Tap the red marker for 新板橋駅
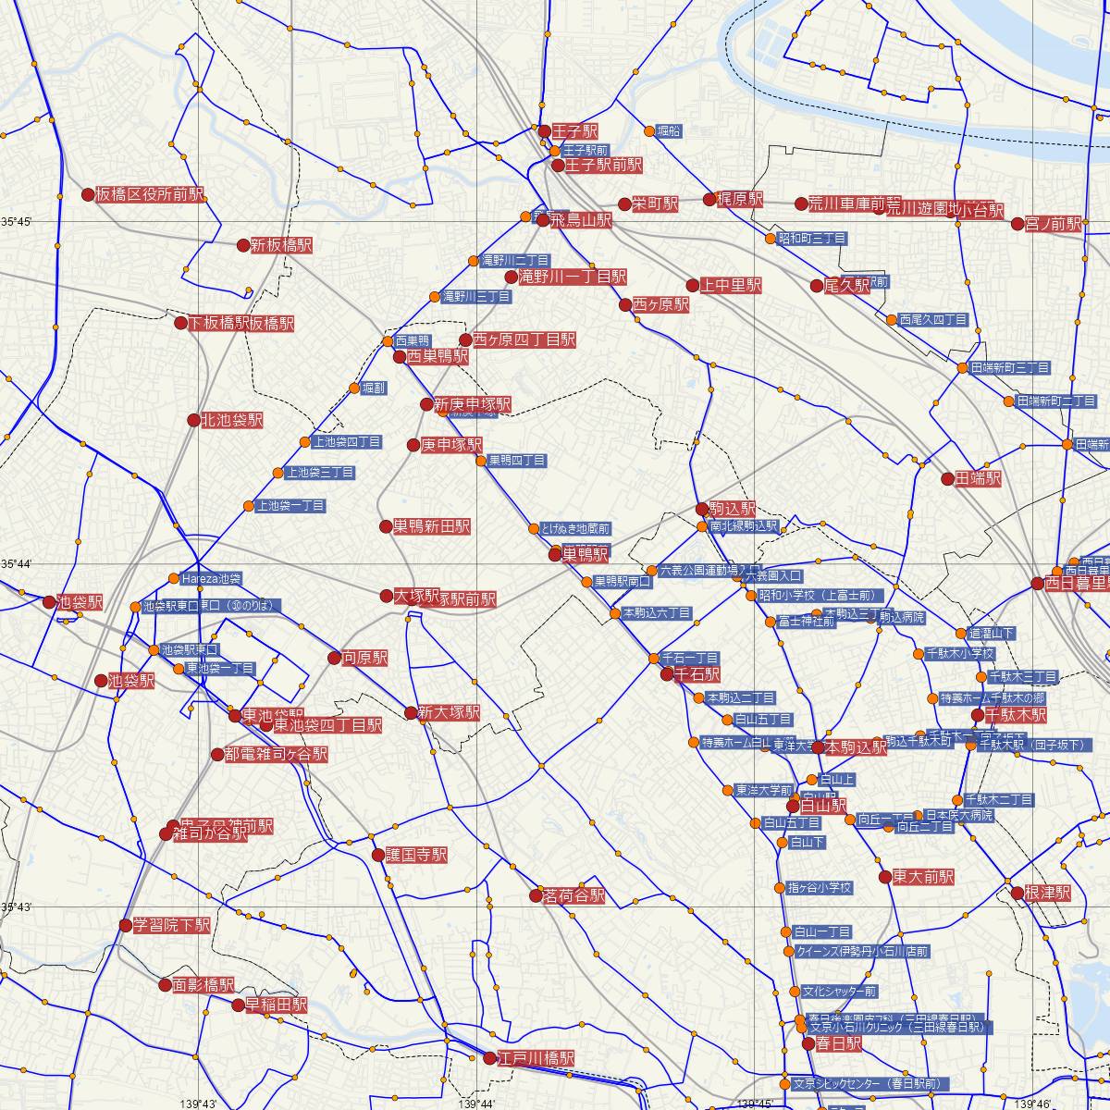point(243,246)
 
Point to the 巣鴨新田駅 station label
point(431,526)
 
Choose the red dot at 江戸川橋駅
point(490,1058)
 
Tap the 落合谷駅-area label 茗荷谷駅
point(573,895)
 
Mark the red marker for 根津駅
point(1017,894)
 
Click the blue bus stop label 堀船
point(669,131)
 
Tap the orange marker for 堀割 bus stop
point(354,388)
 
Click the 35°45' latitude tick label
point(17,222)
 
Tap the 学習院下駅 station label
point(172,925)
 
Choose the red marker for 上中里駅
point(693,286)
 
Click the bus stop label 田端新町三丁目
point(1009,368)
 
